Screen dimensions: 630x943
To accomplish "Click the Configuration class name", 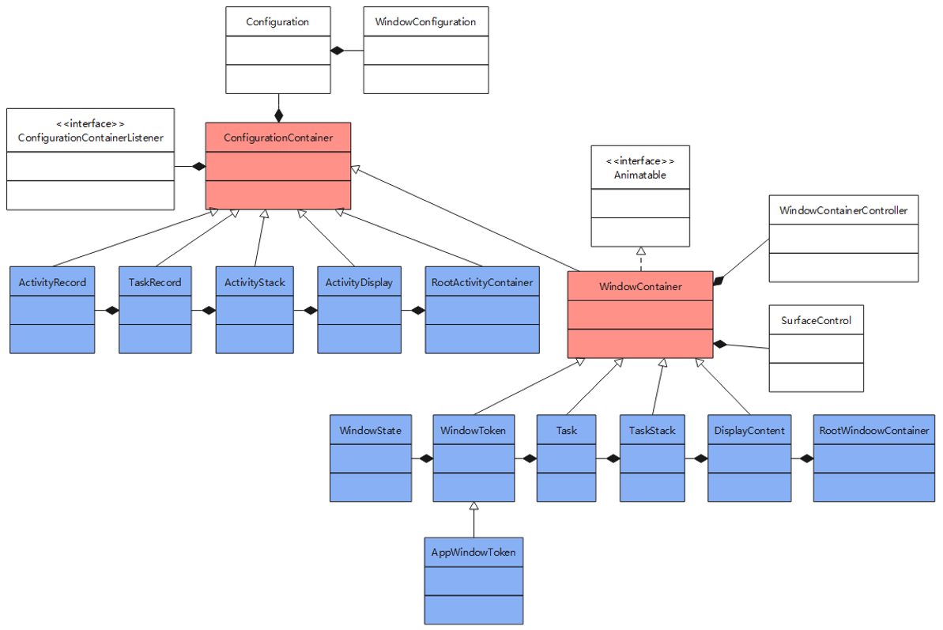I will [x=277, y=22].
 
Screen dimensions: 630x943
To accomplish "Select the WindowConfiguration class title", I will [x=425, y=22].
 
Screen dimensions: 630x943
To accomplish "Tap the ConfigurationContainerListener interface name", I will [x=90, y=138].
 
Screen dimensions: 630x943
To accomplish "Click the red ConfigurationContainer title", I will [x=278, y=138].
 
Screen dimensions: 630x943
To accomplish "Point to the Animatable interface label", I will [x=640, y=175].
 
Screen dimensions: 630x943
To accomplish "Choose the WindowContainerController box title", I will [x=843, y=210].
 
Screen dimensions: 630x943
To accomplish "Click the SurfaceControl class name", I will [x=816, y=321].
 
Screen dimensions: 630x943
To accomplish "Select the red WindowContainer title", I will [x=640, y=286].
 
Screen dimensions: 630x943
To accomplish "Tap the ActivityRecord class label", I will [x=52, y=282].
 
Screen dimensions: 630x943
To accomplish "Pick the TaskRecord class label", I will [x=155, y=282].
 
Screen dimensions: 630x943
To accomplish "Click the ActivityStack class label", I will [x=255, y=282].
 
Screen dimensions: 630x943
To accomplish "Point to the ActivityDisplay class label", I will [x=359, y=282].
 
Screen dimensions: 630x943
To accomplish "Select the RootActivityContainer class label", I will [x=482, y=282].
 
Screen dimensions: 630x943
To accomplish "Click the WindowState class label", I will [x=370, y=431].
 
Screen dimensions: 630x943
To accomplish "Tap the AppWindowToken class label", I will [x=473, y=552].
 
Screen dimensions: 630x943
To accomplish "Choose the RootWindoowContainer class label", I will [x=874, y=431].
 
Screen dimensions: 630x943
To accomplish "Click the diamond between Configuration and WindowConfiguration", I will [x=338, y=51].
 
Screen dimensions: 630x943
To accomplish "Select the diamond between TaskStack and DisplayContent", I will [x=700, y=458].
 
